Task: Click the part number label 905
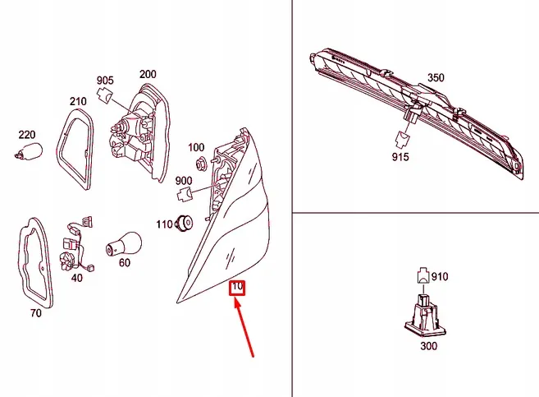pyautogui.click(x=106, y=81)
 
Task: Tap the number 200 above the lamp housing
pyautogui.click(x=148, y=74)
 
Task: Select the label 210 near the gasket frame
pyautogui.click(x=78, y=101)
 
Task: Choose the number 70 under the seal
pyautogui.click(x=35, y=312)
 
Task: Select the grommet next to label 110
pyautogui.click(x=185, y=222)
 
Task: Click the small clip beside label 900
pyautogui.click(x=185, y=196)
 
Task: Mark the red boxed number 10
pyautogui.click(x=238, y=287)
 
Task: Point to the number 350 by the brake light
pyautogui.click(x=435, y=78)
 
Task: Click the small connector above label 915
pyautogui.click(x=405, y=138)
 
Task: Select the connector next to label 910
pyautogui.click(x=421, y=275)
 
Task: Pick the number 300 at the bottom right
pyautogui.click(x=428, y=346)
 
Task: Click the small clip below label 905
pyautogui.click(x=103, y=96)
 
